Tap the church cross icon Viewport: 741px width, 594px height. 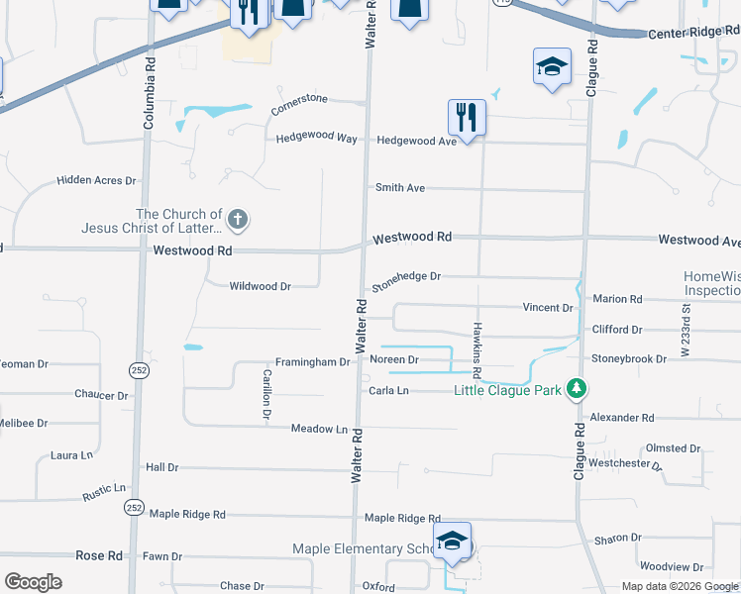point(237,218)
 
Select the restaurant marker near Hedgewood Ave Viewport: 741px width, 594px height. point(465,117)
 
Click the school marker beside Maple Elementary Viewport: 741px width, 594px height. point(452,542)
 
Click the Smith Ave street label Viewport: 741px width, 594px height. point(399,187)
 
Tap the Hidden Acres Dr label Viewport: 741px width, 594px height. point(95,180)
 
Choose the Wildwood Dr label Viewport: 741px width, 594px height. point(260,286)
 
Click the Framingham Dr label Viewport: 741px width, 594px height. point(312,362)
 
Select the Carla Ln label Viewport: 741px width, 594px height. point(388,391)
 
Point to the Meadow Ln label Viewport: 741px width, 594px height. point(319,429)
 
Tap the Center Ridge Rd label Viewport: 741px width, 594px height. point(693,33)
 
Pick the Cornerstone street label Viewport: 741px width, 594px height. point(299,104)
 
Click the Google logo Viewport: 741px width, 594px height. point(33,581)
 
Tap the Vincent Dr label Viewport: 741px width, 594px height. point(548,308)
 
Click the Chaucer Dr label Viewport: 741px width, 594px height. point(102,394)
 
